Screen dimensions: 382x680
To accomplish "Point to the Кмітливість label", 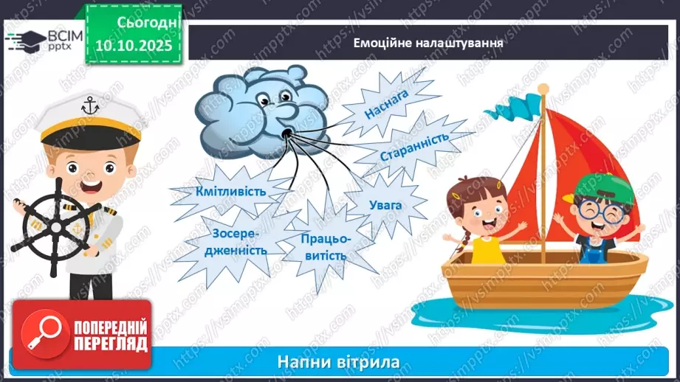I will (x=231, y=190).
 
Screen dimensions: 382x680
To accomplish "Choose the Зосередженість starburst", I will (x=238, y=241).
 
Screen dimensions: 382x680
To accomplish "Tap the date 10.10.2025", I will (x=133, y=45).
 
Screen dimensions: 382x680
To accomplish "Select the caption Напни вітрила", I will (x=339, y=362).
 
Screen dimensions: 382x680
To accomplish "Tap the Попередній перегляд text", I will (x=109, y=336).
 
